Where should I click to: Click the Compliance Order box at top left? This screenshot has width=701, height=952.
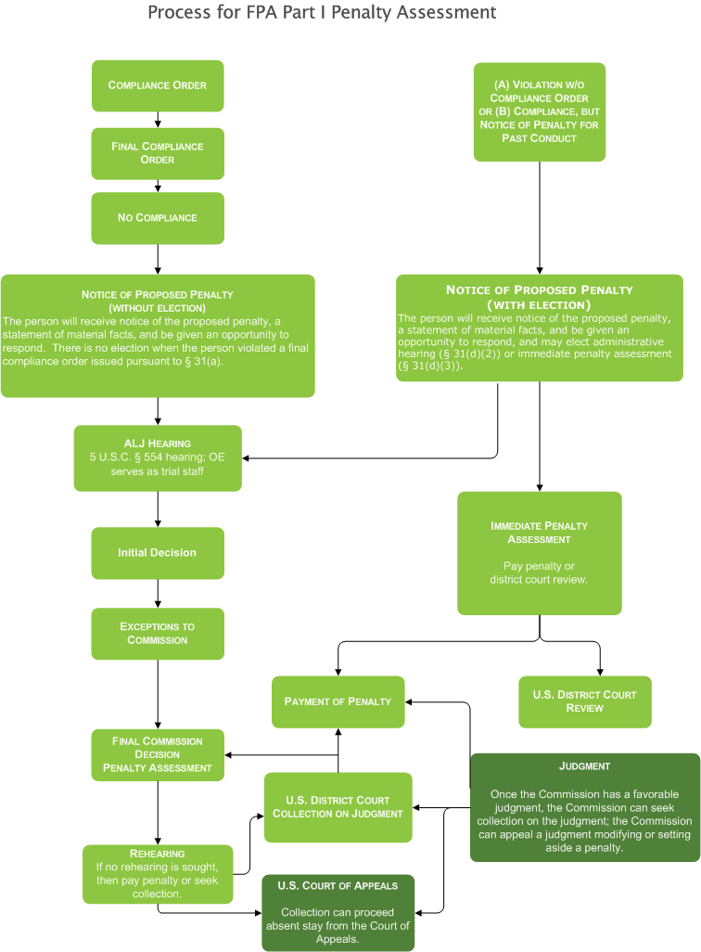click(158, 85)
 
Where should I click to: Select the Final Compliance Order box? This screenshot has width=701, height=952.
click(158, 153)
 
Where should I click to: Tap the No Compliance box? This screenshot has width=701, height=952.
click(158, 218)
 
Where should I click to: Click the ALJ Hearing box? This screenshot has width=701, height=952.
click(158, 457)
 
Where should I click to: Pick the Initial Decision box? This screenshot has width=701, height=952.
click(158, 553)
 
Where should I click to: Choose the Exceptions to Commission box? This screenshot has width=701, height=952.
click(158, 634)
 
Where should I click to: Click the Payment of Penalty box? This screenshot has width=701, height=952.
click(338, 701)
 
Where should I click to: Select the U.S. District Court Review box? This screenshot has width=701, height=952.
click(584, 701)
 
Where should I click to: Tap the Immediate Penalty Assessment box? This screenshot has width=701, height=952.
click(539, 553)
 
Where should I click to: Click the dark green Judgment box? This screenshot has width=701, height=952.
click(584, 807)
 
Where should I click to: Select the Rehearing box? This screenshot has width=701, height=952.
click(158, 873)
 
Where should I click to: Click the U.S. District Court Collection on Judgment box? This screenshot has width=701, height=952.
click(338, 807)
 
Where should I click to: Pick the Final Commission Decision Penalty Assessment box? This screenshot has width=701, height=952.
click(158, 754)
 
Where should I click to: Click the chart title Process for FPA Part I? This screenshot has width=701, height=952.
click(322, 13)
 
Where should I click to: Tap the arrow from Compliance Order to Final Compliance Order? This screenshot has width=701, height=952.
click(158, 120)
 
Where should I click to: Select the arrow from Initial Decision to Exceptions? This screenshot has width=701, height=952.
click(158, 594)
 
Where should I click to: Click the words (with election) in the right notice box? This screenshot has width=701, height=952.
click(539, 304)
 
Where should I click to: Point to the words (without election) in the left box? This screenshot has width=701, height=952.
click(157, 307)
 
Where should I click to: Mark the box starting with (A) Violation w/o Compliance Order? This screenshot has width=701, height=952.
click(539, 111)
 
